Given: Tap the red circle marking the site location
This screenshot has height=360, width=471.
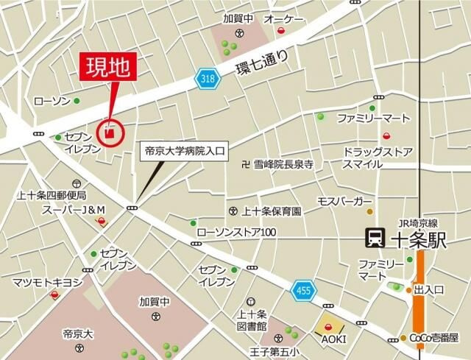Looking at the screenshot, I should pos(110,133).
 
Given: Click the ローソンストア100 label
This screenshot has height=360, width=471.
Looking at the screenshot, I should pos(235,233).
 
